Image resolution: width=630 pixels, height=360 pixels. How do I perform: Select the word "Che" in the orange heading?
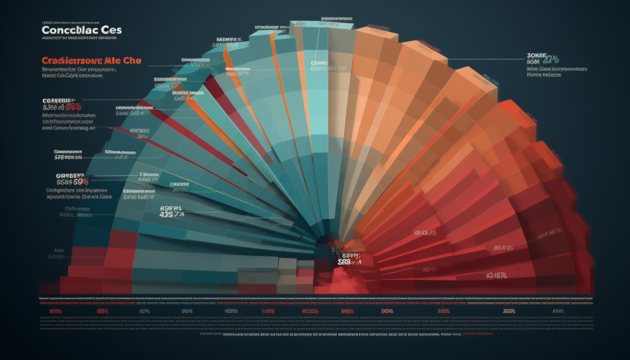[x=132, y=61]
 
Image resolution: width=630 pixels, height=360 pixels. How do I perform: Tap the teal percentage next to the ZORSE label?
[x=552, y=61]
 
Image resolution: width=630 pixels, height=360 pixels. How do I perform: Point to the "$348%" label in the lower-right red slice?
[x=498, y=275]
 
